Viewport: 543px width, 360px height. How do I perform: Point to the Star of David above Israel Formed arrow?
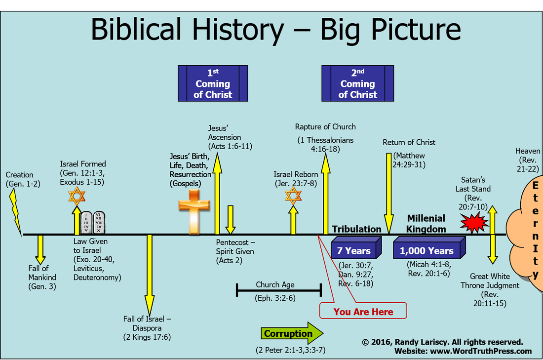click(77, 197)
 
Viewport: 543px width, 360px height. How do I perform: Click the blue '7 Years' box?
click(354, 249)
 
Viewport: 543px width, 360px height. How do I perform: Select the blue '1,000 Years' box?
click(427, 249)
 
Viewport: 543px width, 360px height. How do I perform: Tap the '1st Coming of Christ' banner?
click(213, 83)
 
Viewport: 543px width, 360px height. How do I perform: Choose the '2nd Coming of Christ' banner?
click(357, 83)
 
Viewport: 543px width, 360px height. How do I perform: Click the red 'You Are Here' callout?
click(363, 312)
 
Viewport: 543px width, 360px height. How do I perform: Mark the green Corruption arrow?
click(291, 333)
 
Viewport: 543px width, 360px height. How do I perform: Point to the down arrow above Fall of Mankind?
click(40, 249)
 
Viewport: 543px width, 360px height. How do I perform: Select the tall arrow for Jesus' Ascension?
click(217, 193)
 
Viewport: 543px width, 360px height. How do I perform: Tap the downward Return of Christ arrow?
click(388, 193)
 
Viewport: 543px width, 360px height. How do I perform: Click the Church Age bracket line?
click(279, 290)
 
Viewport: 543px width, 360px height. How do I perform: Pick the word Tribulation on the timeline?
click(356, 229)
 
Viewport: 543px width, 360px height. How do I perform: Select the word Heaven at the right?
click(527, 151)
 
